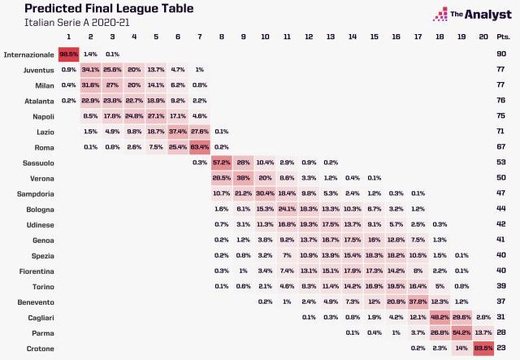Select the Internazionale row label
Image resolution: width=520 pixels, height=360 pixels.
tap(28, 54)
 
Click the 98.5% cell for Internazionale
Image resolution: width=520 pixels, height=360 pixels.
tap(69, 54)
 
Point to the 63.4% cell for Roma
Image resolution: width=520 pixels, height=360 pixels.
tap(200, 147)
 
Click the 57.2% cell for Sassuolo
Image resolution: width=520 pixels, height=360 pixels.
tap(222, 163)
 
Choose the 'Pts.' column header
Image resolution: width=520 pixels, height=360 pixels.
tap(504, 37)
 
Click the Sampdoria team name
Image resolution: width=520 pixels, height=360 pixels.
tap(34, 193)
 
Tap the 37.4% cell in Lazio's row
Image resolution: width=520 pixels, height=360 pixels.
tap(178, 132)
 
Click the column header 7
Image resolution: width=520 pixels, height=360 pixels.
tap(200, 37)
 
